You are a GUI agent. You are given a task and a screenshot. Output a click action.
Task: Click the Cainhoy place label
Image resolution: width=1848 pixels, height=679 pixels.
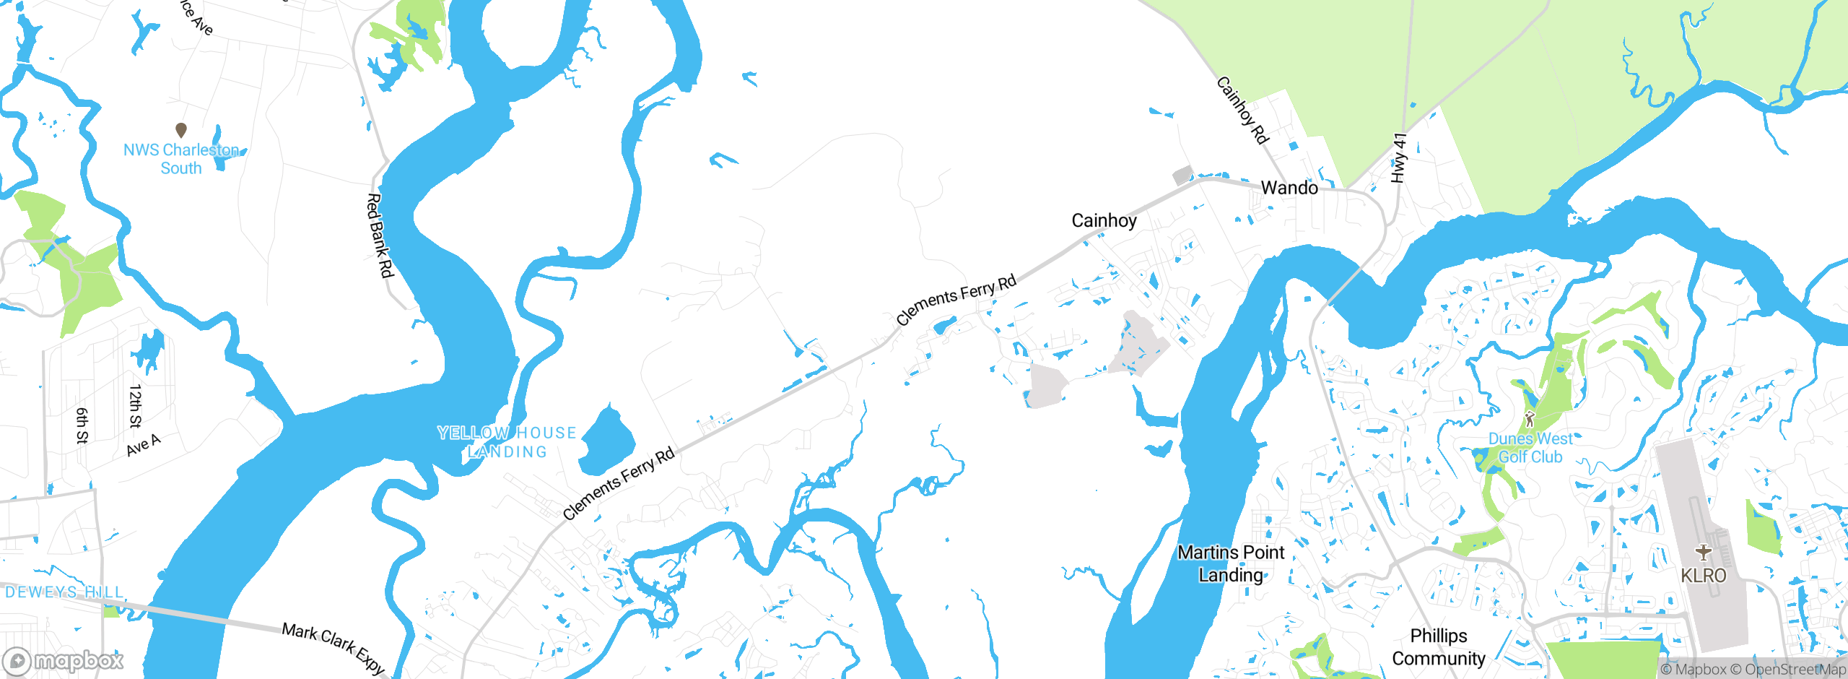click(x=1104, y=220)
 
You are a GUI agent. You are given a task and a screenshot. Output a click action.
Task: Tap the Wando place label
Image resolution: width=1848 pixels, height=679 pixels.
click(x=1289, y=188)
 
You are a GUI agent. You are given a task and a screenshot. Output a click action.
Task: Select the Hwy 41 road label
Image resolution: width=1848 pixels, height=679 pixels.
click(x=1399, y=157)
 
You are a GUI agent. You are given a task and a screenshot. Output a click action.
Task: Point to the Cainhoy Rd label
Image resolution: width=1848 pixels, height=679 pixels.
click(x=1242, y=111)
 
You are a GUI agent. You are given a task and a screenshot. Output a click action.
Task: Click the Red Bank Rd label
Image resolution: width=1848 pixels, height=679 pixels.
click(x=380, y=235)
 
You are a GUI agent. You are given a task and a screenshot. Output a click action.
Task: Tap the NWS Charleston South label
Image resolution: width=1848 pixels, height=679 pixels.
click(x=181, y=159)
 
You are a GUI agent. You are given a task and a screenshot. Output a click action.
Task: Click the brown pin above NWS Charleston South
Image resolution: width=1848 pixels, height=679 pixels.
click(x=181, y=130)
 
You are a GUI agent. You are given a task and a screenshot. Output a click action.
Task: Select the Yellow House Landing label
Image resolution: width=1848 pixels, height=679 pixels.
click(x=507, y=442)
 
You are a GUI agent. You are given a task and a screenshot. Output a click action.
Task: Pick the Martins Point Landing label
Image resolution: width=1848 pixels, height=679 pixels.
click(x=1231, y=563)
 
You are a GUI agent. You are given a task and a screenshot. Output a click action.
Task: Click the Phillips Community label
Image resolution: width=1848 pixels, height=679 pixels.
click(x=1439, y=647)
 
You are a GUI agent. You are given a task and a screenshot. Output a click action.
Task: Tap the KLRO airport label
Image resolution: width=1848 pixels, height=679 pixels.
click(x=1704, y=576)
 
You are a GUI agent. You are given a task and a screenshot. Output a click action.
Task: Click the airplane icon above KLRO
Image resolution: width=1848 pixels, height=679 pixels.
click(x=1704, y=553)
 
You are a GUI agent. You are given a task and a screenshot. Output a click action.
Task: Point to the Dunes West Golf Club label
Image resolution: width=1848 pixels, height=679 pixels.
click(x=1530, y=448)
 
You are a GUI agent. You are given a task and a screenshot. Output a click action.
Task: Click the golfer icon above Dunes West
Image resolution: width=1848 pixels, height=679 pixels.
click(x=1530, y=418)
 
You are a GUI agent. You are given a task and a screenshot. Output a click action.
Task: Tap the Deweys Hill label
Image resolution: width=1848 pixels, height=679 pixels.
click(x=65, y=592)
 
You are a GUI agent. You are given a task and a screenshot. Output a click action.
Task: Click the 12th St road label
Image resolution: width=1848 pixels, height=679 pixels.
click(x=135, y=406)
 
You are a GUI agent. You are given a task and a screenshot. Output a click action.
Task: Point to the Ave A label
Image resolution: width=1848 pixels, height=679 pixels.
click(x=143, y=445)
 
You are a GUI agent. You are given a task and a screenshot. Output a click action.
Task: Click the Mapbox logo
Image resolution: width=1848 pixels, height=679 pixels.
click(x=64, y=661)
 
